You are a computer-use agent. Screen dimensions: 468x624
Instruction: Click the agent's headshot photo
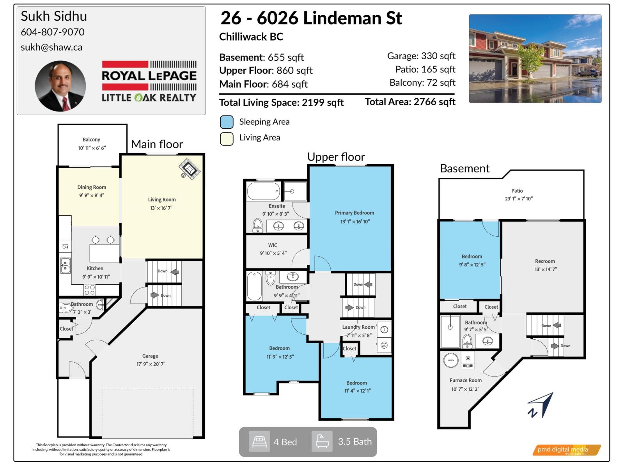pyautogui.click(x=60, y=86)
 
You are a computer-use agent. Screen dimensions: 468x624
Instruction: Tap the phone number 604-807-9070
pyautogui.click(x=53, y=32)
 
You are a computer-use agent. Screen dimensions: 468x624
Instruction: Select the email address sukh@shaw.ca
pyautogui.click(x=51, y=47)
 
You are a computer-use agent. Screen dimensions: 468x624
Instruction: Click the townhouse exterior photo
pyautogui.click(x=535, y=58)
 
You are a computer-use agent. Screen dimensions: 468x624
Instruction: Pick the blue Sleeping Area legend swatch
pyautogui.click(x=227, y=122)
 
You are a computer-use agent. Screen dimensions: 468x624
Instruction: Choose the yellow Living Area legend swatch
pyautogui.click(x=227, y=138)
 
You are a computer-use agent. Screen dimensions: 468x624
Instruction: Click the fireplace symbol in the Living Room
pyautogui.click(x=190, y=169)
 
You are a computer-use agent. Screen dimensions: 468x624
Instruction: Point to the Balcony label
pyautogui.click(x=91, y=140)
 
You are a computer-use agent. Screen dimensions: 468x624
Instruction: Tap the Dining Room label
pyautogui.click(x=92, y=187)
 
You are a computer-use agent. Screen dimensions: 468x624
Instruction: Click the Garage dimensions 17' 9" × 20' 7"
pyautogui.click(x=151, y=364)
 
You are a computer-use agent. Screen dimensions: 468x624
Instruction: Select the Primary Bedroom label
pyautogui.click(x=355, y=213)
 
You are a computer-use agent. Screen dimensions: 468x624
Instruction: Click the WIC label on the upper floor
pyautogui.click(x=273, y=245)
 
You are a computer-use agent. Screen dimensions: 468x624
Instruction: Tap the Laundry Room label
pyautogui.click(x=358, y=327)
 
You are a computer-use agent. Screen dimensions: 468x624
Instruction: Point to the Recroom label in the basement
pyautogui.click(x=545, y=261)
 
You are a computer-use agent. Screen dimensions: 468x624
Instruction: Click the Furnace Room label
pyautogui.click(x=466, y=380)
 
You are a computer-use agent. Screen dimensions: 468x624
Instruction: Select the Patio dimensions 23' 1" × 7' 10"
pyautogui.click(x=519, y=199)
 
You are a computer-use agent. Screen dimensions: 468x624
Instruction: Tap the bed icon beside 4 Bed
pyautogui.click(x=259, y=441)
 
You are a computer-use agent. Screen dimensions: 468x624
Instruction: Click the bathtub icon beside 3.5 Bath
pyautogui.click(x=322, y=441)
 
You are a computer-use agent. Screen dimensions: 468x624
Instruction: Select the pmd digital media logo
pyautogui.click(x=566, y=450)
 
